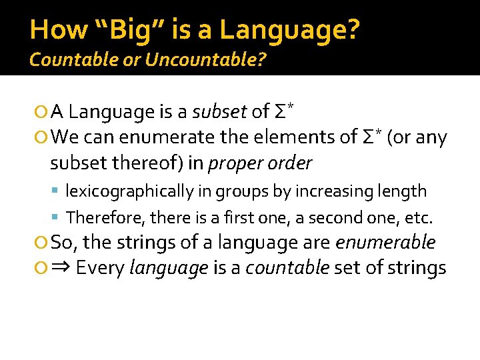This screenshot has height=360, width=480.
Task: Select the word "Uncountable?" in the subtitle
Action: click(205, 60)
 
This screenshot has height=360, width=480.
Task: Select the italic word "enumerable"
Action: click(385, 242)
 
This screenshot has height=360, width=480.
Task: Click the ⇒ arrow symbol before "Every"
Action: click(61, 268)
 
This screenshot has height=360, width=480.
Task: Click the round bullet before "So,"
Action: click(42, 243)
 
